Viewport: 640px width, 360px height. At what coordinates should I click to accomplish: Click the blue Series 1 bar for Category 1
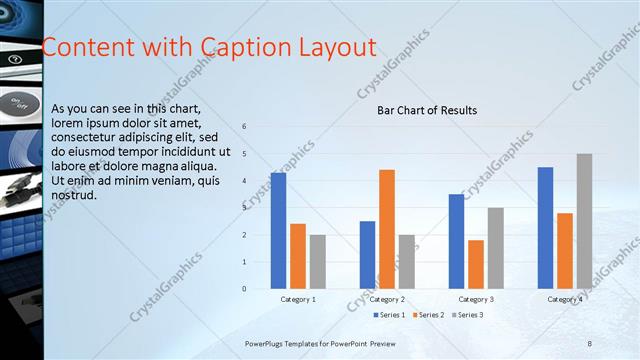[278, 231]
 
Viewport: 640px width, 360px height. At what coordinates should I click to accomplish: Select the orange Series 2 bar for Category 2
[387, 229]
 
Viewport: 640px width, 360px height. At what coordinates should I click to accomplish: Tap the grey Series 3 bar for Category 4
[584, 221]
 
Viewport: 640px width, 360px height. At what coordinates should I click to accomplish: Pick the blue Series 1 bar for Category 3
[456, 241]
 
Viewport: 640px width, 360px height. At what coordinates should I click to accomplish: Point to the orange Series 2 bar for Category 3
[476, 264]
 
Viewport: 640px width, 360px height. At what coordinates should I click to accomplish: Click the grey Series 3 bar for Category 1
[317, 262]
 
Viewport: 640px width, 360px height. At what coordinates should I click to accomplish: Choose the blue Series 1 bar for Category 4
[545, 228]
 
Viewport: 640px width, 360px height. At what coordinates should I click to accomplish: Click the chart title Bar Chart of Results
[426, 110]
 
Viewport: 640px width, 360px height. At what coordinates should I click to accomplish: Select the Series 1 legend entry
[390, 315]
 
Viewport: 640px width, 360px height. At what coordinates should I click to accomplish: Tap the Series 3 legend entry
[467, 315]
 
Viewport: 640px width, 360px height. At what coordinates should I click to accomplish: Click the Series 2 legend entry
[428, 315]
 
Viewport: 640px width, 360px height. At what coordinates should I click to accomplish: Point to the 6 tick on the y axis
[244, 127]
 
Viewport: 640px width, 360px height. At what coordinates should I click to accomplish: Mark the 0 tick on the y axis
[244, 289]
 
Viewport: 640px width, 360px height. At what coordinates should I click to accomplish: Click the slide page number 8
[589, 343]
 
